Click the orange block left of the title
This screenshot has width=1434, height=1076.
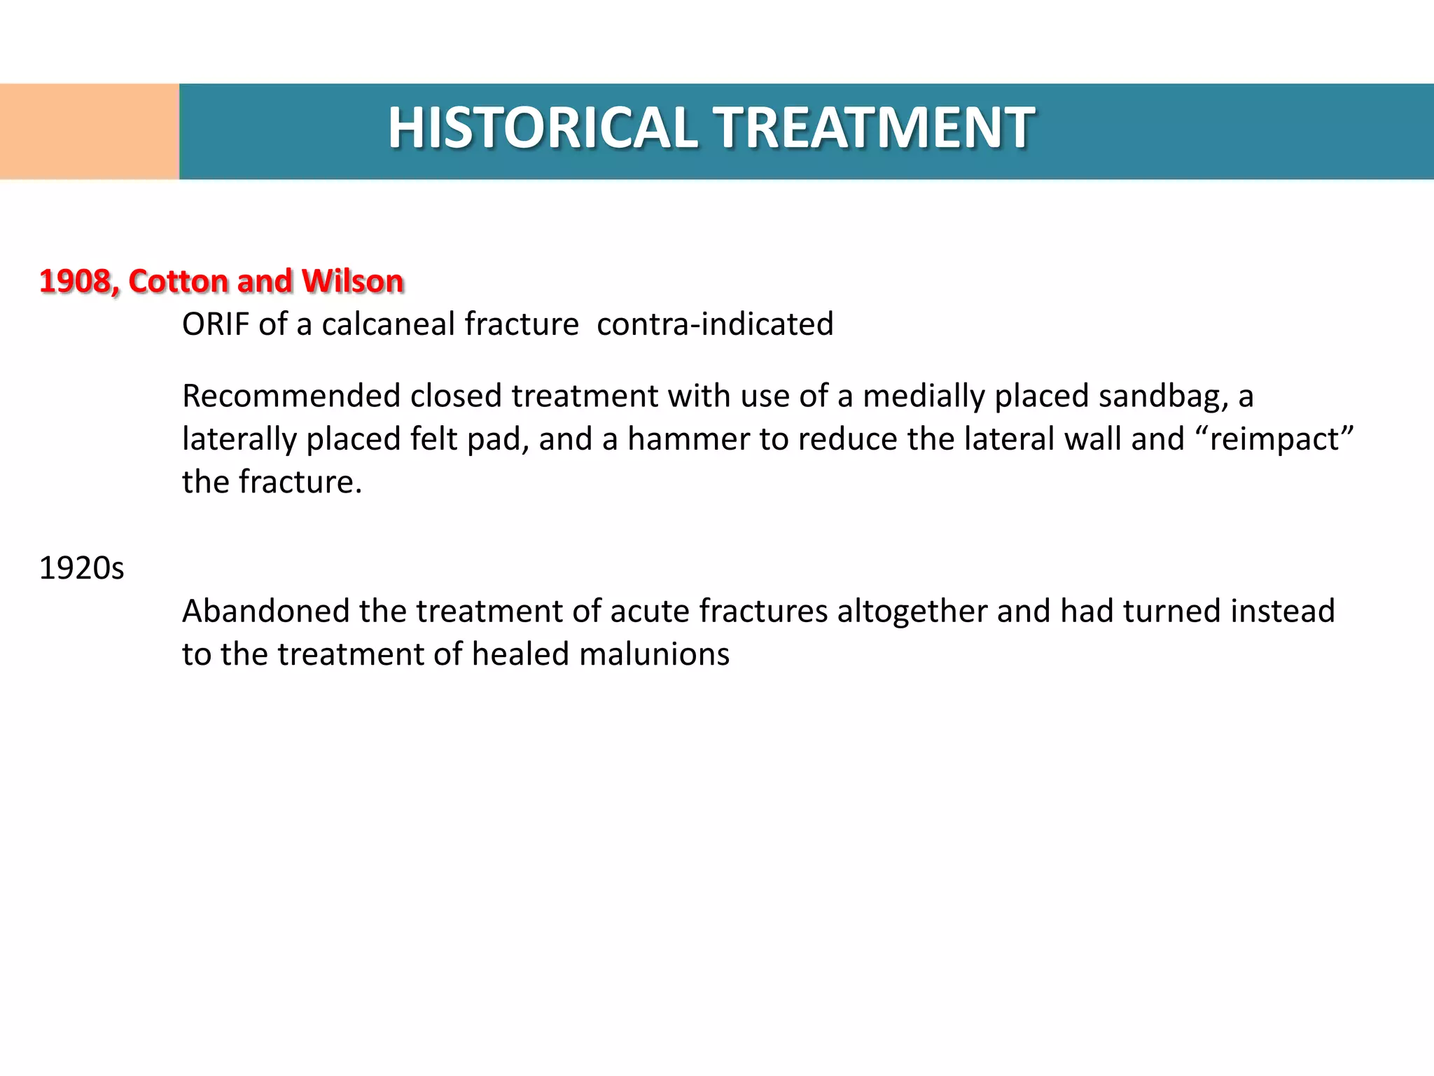pos(90,132)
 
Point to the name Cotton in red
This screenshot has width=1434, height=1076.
pos(178,282)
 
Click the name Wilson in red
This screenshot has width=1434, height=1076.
pos(352,282)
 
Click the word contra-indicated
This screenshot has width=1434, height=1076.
pos(715,324)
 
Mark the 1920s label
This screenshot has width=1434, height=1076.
pos(81,568)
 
